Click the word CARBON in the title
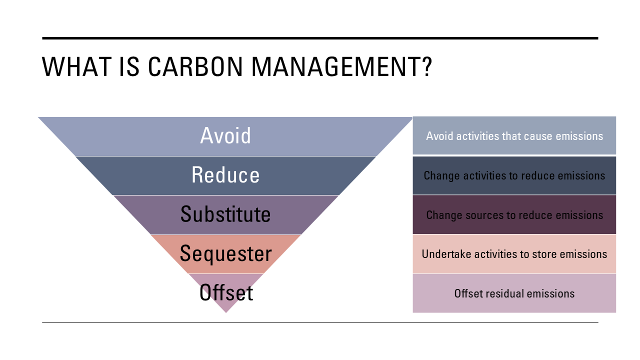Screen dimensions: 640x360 click(x=195, y=66)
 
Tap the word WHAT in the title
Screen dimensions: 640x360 click(x=77, y=66)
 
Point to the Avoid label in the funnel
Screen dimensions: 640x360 click(x=225, y=135)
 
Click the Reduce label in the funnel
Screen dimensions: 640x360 click(x=225, y=175)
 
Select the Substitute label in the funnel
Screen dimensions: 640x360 click(x=225, y=214)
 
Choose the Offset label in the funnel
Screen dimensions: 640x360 click(x=226, y=292)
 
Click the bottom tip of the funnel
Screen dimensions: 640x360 click(x=226, y=313)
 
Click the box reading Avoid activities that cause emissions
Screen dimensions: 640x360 click(x=514, y=135)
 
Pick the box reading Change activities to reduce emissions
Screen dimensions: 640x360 click(x=514, y=175)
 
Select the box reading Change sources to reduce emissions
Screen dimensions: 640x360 click(x=514, y=214)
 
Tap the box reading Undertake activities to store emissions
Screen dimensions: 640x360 click(x=514, y=254)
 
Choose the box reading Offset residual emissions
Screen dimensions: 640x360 click(x=514, y=293)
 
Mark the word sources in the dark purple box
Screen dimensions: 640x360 click(x=484, y=215)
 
